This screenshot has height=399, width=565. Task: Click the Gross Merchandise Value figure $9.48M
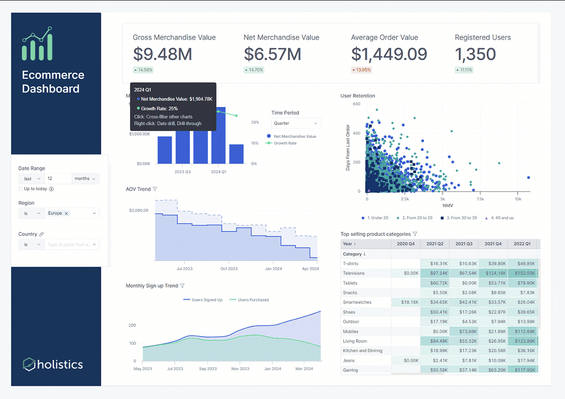pos(162,54)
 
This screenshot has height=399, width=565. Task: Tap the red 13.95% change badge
pos(361,70)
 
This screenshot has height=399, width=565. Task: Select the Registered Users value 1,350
pos(475,54)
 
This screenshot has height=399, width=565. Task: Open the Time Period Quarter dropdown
pos(296,123)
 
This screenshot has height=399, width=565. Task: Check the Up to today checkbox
pos(20,188)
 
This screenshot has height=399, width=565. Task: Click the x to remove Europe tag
pos(66,213)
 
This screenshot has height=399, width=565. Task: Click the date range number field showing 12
pos(58,179)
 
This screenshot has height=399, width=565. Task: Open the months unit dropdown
pos(86,179)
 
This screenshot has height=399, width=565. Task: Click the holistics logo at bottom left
pos(53,364)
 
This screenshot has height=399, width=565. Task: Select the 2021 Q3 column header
pos(465,244)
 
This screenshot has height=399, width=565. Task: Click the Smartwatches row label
pos(357,303)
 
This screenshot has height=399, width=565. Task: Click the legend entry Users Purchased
pos(253,300)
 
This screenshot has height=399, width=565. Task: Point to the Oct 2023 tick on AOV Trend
pos(228,269)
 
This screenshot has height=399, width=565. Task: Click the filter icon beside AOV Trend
pos(155,189)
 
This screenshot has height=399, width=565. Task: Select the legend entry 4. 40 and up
pos(499,218)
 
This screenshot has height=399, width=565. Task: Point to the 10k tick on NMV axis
pos(518,199)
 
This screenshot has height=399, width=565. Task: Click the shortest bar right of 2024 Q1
pos(236,154)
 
